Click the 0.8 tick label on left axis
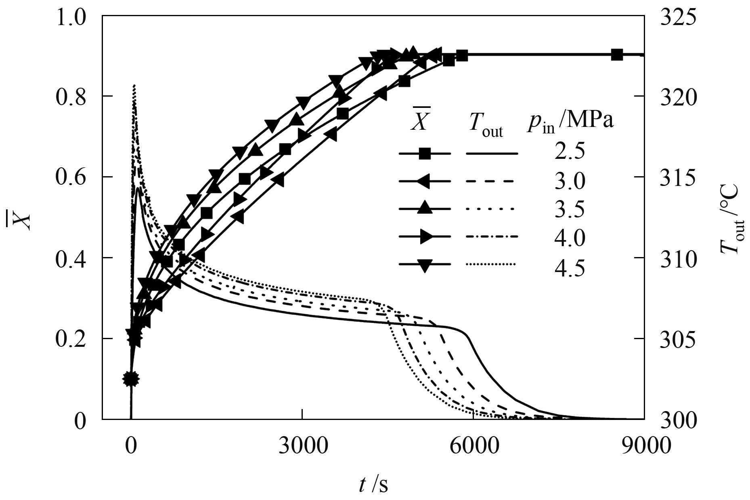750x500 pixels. pyautogui.click(x=71, y=97)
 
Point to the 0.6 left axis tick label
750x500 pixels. pyautogui.click(x=71, y=178)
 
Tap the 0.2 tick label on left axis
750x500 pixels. pyautogui.click(x=71, y=340)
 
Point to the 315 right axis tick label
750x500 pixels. pyautogui.click(x=678, y=178)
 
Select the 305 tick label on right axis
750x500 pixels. pyautogui.click(x=678, y=340)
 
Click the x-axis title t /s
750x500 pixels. pyautogui.click(x=373, y=484)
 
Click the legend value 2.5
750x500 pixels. pyautogui.click(x=569, y=153)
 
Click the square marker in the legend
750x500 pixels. pyautogui.click(x=424, y=154)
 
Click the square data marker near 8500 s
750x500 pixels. pyautogui.click(x=616, y=55)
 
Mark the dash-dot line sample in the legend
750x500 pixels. pyautogui.click(x=491, y=237)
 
